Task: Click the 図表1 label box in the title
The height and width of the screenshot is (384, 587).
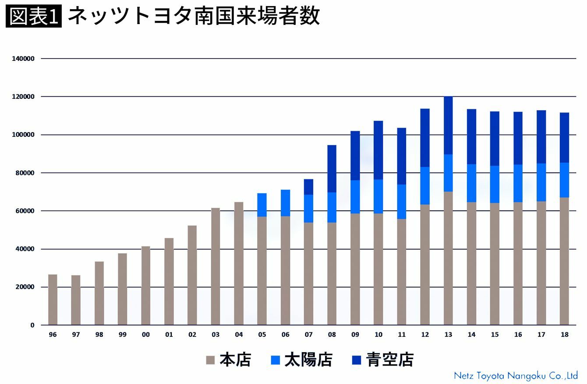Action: point(34,16)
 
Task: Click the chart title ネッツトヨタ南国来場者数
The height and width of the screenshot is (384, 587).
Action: point(194,16)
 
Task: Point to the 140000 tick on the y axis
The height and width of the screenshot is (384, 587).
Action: point(23,59)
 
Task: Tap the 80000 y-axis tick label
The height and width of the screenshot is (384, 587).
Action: point(25,173)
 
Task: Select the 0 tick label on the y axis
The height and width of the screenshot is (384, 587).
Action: point(32,325)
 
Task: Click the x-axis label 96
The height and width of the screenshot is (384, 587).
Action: point(53,335)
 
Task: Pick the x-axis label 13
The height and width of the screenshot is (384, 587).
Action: point(448,335)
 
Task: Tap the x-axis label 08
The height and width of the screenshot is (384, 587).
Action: point(332,335)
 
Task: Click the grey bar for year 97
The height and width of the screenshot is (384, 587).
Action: point(76,300)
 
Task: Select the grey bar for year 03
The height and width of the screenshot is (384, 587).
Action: point(216,266)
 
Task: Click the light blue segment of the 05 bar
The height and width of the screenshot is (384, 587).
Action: point(262,205)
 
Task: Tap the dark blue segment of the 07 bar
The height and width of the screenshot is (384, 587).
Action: point(308,187)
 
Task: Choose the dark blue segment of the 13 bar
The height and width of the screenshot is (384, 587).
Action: point(448,126)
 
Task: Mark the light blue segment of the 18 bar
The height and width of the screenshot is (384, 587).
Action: point(564,180)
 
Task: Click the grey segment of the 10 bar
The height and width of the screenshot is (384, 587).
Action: point(378,269)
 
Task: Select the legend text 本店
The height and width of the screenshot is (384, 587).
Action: point(235,360)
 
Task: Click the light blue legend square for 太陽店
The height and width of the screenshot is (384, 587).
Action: point(276,360)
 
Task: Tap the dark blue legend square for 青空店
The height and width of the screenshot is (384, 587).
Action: point(357,360)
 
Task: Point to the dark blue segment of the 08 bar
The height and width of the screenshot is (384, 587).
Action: point(332,169)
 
